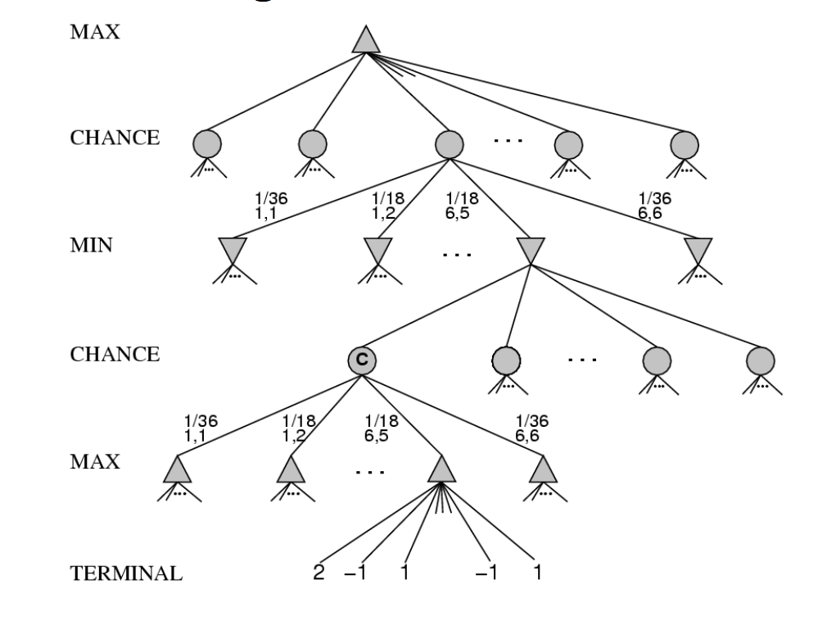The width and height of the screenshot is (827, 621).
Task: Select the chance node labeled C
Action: click(361, 359)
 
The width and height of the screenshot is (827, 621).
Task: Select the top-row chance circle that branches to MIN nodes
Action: click(449, 144)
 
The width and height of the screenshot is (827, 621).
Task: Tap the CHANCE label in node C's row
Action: click(114, 356)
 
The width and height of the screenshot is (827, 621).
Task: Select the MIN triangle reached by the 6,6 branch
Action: click(698, 249)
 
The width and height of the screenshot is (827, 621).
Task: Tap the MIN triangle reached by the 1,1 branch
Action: click(233, 249)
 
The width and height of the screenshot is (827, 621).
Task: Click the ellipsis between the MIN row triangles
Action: click(456, 255)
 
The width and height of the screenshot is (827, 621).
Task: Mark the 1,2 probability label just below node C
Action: click(293, 429)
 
